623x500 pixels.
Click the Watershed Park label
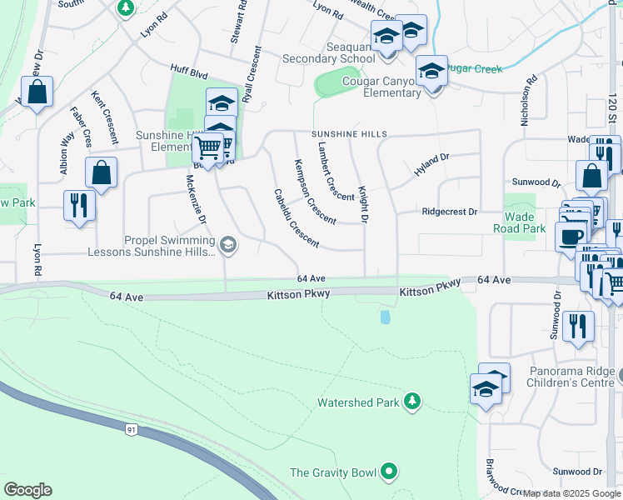[x=359, y=402]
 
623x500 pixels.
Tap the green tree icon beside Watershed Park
[x=411, y=402]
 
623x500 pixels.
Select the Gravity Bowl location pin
[x=389, y=472]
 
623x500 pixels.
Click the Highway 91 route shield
[x=132, y=429]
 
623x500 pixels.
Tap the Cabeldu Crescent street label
[x=296, y=218]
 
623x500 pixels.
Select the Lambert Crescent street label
[x=335, y=171]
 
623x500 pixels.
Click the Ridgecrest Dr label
[x=450, y=212]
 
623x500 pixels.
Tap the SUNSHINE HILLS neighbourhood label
[x=351, y=133]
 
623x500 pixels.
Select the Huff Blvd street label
[x=188, y=74]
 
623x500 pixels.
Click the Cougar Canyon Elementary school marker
[x=431, y=72]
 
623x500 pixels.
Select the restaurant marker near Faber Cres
[x=79, y=204]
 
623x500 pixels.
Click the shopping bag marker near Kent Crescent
[x=101, y=172]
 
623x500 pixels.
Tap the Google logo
[x=27, y=490]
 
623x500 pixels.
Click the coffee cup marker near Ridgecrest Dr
[x=571, y=236]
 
